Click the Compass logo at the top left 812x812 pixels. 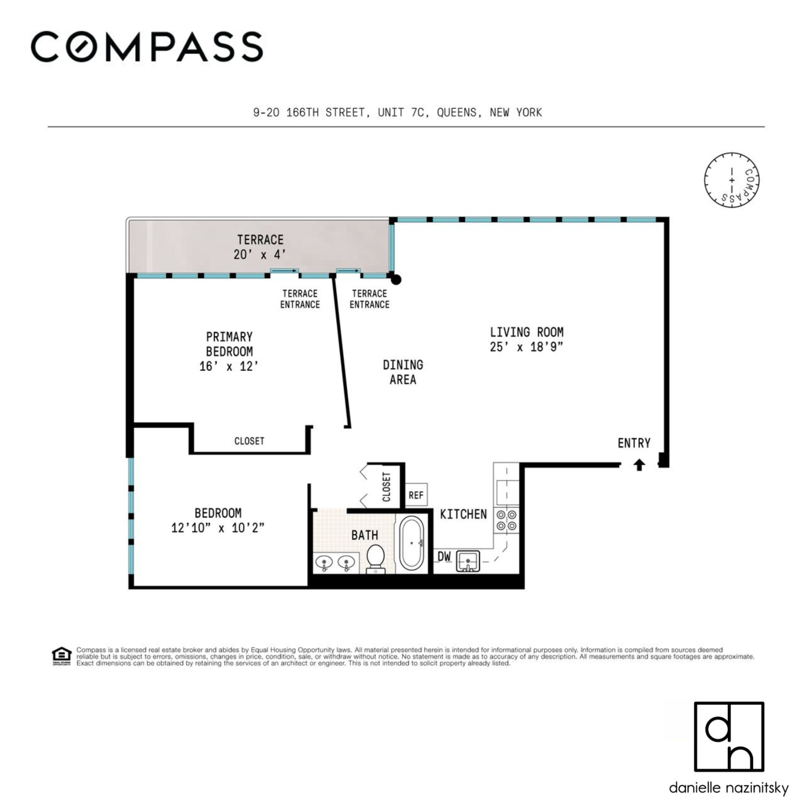click(x=147, y=47)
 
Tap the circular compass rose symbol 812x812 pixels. click(x=732, y=180)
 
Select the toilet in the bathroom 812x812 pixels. click(x=375, y=559)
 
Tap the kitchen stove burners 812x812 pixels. click(x=506, y=520)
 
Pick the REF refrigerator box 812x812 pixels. click(x=416, y=495)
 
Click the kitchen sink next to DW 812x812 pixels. click(x=468, y=561)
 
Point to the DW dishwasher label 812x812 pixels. click(x=444, y=556)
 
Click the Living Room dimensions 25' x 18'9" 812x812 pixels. click(x=526, y=347)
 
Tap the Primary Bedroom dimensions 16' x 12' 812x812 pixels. click(x=229, y=367)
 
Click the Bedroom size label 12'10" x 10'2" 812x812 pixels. click(x=218, y=528)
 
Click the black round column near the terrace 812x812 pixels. click(x=395, y=279)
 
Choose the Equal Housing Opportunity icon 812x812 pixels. click(x=62, y=656)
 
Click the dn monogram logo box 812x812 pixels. click(x=729, y=736)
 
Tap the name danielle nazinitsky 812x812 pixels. click(x=729, y=788)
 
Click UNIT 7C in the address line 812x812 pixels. click(x=403, y=113)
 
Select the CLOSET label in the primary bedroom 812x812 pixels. click(x=249, y=441)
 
